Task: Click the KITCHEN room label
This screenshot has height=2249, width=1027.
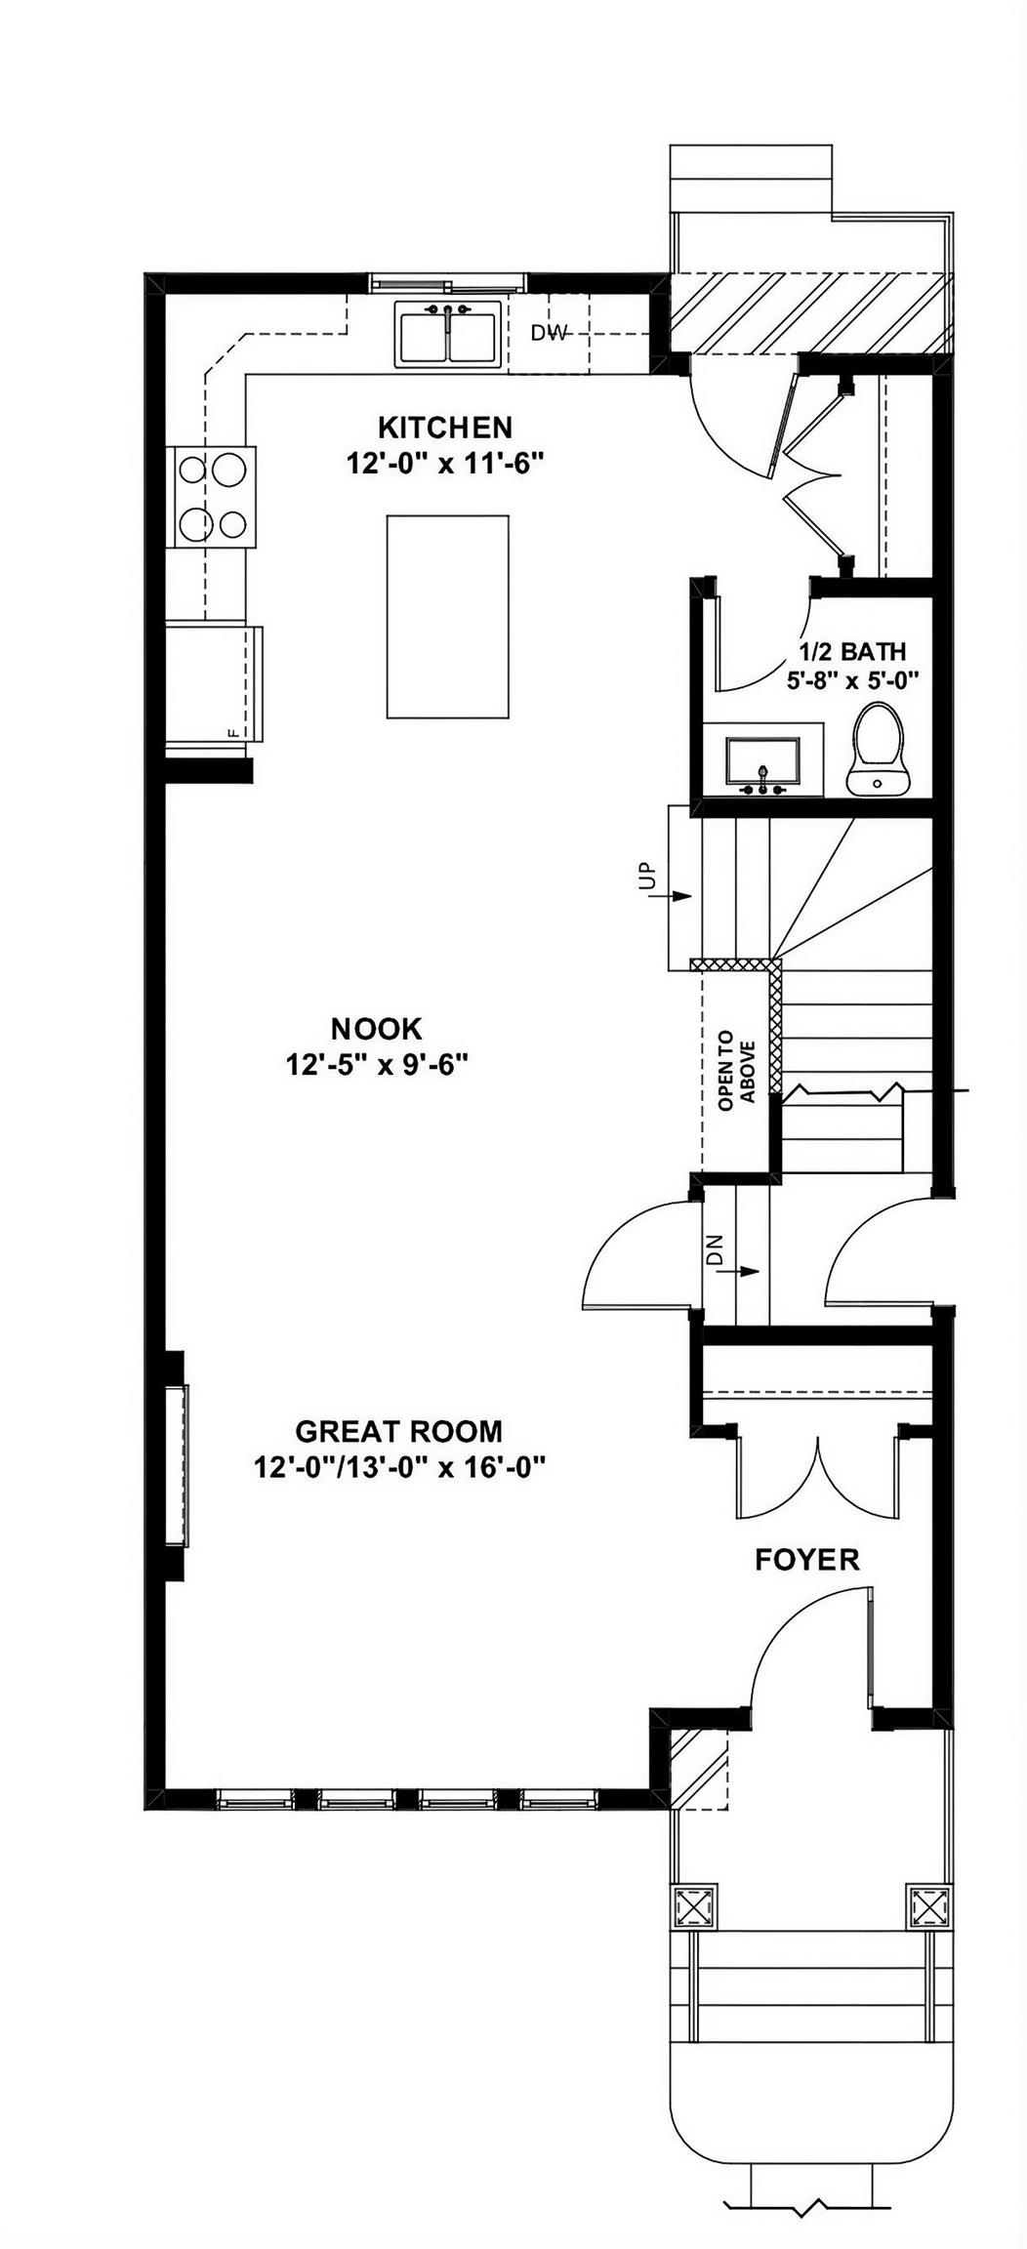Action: [444, 428]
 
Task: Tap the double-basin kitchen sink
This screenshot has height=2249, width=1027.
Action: [447, 335]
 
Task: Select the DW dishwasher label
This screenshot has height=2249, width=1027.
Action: [549, 333]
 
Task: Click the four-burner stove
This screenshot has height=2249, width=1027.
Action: [211, 497]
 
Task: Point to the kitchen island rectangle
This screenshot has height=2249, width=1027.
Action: [447, 617]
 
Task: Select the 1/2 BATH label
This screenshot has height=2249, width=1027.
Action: [852, 651]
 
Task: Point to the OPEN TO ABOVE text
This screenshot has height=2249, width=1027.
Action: [737, 1070]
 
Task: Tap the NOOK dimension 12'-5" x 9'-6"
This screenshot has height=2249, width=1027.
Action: [378, 1064]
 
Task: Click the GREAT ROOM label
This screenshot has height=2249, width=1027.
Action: [398, 1431]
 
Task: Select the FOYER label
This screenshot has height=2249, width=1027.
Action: [807, 1560]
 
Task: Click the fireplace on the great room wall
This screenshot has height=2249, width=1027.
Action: [177, 1464]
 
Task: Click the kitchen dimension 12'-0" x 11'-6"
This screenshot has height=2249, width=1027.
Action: [444, 464]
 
